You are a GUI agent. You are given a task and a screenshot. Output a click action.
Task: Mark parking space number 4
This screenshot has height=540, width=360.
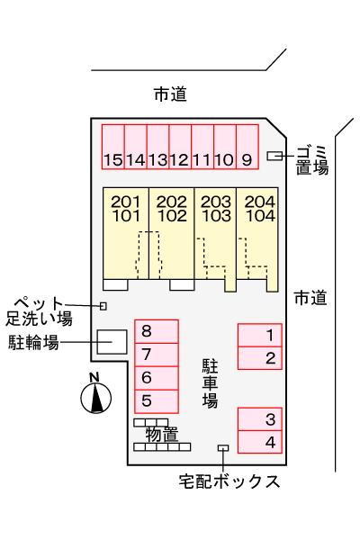[259, 443]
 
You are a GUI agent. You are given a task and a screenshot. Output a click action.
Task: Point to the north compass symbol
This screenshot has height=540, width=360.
[96, 396]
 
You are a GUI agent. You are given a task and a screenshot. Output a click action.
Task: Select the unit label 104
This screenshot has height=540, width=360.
[260, 216]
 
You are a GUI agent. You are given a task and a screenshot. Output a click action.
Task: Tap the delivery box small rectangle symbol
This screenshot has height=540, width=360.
[223, 448]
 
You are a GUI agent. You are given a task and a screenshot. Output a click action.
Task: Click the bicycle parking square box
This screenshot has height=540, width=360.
[112, 343]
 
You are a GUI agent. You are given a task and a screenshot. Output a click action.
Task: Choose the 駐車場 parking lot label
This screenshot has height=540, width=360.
[210, 382]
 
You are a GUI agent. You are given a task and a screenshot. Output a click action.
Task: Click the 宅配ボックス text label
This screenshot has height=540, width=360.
[229, 481]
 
